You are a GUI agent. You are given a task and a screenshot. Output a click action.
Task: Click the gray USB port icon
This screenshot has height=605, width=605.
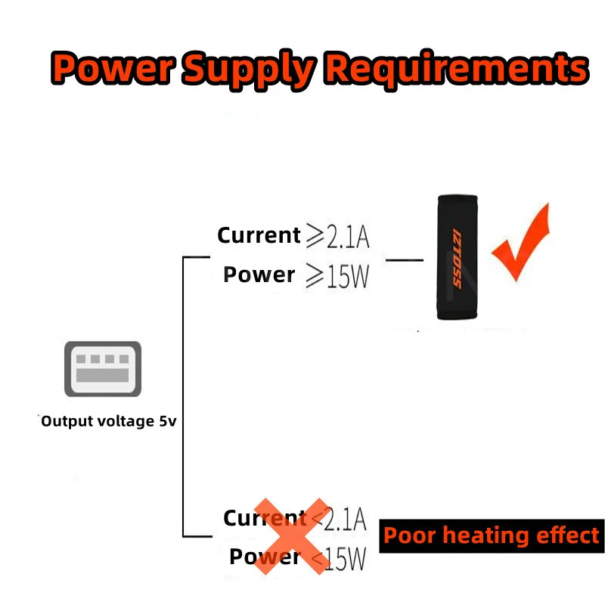[102, 368]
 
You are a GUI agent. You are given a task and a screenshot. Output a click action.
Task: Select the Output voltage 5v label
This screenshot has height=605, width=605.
[108, 421]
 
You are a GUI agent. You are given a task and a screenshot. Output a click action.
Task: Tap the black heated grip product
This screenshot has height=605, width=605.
[456, 257]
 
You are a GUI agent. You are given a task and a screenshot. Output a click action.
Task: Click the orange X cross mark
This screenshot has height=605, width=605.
[291, 535]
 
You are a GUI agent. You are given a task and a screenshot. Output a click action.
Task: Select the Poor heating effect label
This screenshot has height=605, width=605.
[492, 535]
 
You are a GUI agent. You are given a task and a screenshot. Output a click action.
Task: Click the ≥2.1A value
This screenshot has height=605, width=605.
[337, 236]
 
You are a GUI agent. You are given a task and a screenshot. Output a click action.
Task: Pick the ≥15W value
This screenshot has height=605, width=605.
[337, 277]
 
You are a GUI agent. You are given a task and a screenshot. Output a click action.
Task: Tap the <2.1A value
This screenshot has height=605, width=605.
[339, 520]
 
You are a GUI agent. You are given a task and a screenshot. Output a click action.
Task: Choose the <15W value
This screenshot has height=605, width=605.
[339, 559]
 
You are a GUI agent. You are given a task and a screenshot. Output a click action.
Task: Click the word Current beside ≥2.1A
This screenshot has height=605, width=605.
[259, 235]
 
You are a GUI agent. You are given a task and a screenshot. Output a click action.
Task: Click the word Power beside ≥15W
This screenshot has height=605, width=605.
[259, 275]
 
